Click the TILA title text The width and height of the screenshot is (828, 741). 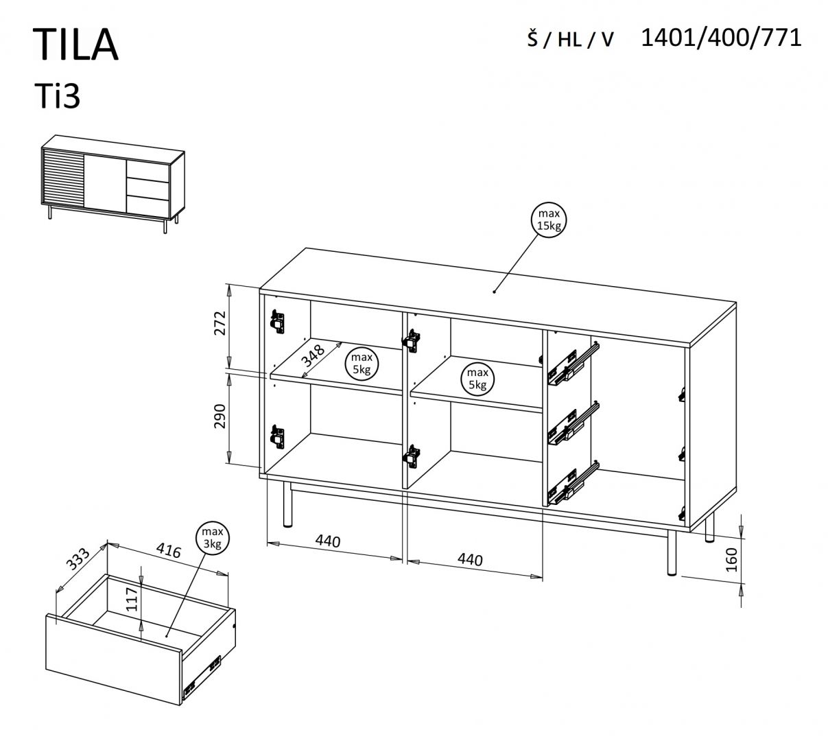pyautogui.click(x=75, y=45)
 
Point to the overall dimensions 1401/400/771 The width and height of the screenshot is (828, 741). pyautogui.click(x=720, y=37)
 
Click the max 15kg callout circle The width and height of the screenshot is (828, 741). pyautogui.click(x=549, y=220)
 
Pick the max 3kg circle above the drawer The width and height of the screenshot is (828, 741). pyautogui.click(x=212, y=539)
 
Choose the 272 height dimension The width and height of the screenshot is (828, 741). pyautogui.click(x=220, y=322)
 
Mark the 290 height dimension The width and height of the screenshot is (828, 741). pyautogui.click(x=220, y=416)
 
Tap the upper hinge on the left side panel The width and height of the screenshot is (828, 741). pyautogui.click(x=277, y=320)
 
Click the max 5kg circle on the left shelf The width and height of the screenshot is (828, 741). pyautogui.click(x=362, y=364)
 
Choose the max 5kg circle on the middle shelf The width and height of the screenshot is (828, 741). pyautogui.click(x=477, y=378)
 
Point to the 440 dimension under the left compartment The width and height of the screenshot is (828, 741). pyautogui.click(x=328, y=541)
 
